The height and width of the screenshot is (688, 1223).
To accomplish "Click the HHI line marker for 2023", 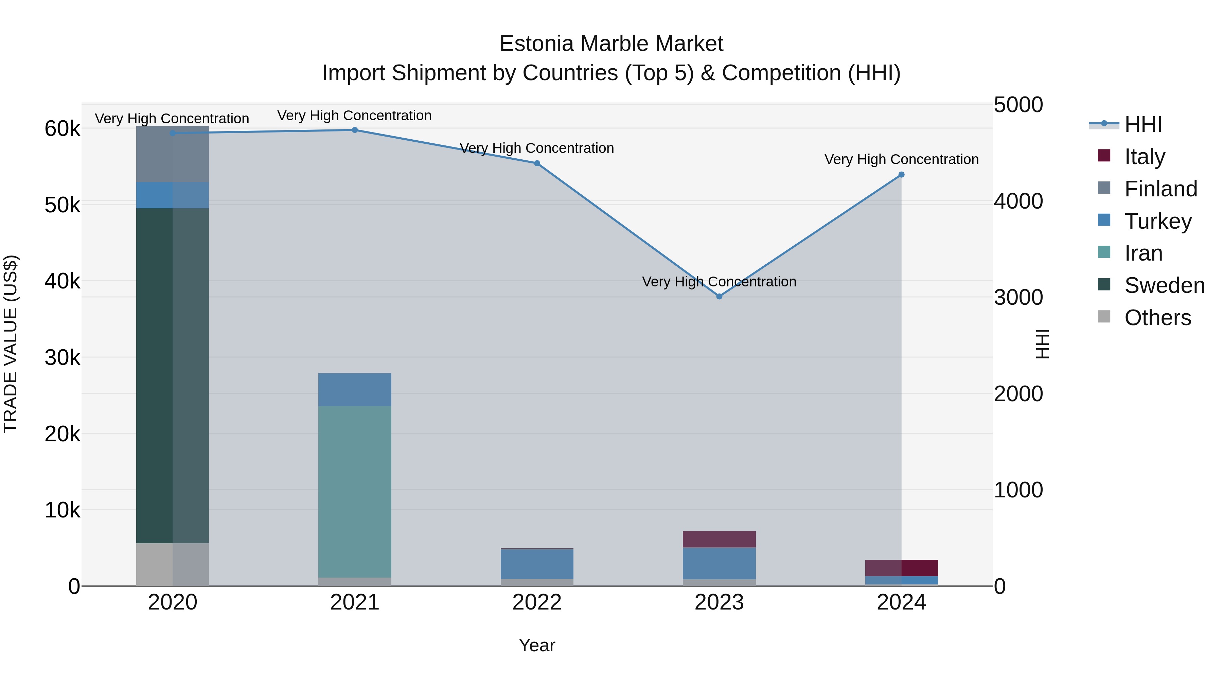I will (x=719, y=296).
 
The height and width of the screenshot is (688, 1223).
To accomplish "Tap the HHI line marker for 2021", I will (x=355, y=130).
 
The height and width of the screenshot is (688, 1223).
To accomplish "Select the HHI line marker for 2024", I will (x=902, y=175).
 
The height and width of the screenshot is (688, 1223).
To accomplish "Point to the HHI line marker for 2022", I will (x=537, y=163).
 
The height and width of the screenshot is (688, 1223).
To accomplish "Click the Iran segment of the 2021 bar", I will (x=355, y=491).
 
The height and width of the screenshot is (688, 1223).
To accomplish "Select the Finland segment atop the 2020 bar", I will (x=172, y=154).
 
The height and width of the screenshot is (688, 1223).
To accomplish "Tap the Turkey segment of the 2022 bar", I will (x=537, y=564).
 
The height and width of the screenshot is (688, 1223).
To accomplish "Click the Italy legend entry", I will (x=1144, y=157).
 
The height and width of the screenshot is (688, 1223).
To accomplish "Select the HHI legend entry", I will (x=1143, y=124).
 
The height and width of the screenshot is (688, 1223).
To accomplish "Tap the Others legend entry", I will (x=1157, y=318).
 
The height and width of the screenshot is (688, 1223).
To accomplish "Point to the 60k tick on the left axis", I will (x=62, y=129).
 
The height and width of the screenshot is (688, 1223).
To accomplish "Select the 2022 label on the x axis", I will (x=537, y=602).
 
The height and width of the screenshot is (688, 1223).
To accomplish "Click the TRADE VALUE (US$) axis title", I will (x=11, y=344).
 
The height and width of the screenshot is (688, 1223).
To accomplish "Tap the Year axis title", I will (x=537, y=645).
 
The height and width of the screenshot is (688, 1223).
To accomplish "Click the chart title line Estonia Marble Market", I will (x=611, y=44).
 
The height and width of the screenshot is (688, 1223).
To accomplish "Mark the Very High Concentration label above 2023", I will (x=719, y=282).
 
